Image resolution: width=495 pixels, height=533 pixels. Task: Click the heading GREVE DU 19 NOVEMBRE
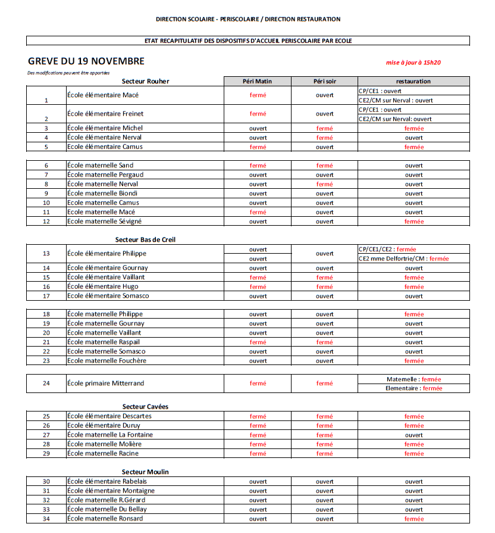86,61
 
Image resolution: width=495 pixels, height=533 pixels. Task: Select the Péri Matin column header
258,81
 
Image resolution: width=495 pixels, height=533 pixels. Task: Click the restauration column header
413,81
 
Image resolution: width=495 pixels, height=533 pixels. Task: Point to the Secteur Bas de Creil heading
145,239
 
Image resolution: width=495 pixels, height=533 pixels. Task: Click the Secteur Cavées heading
145,406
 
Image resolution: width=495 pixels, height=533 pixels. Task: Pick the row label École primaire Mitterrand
105,383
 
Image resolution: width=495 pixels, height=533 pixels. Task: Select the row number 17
46,296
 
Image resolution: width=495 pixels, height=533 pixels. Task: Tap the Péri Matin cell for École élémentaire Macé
258,95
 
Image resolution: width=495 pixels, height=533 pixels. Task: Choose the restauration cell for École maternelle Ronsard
413,519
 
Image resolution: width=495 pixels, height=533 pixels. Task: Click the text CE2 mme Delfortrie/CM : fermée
403,258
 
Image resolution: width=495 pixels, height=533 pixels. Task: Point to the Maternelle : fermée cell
413,379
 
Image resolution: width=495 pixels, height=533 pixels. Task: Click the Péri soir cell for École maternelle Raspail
324,342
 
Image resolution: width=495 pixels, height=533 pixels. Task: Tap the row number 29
46,453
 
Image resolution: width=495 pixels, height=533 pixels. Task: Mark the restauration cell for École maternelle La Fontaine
413,435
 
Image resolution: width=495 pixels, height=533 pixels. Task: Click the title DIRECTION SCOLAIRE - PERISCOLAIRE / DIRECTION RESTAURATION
248,19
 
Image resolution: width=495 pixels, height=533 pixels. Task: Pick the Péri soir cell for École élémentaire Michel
324,128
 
